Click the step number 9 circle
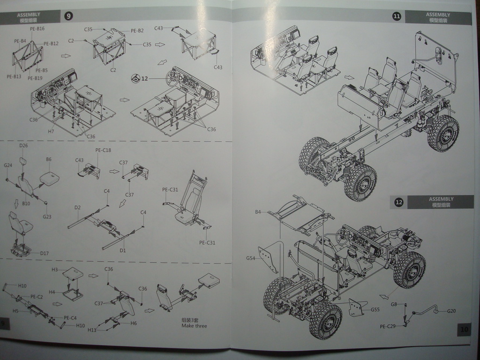pos(69,16)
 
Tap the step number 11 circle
pos(397,17)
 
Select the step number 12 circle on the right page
pos(399,202)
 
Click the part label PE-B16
pos(37,29)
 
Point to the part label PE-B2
pos(137,30)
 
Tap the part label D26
pos(23,146)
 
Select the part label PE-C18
pos(103,150)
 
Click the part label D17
pos(45,253)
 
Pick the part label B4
pos(258,212)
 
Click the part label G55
pos(375,309)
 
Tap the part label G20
pos(451,311)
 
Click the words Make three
pos(194,326)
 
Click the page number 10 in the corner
pos(464,330)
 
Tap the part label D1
pos(123,250)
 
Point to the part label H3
pos(54,270)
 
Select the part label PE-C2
pos(37,296)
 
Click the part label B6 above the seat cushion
pos(48,159)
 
